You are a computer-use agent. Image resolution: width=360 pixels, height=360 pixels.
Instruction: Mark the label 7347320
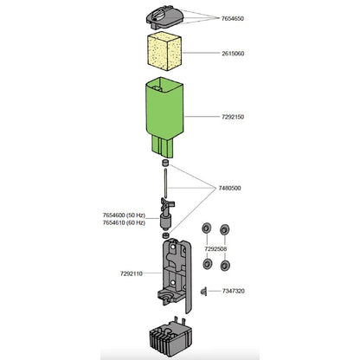[x=232, y=292]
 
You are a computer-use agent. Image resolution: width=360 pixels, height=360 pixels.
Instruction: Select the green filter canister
[x=164, y=112]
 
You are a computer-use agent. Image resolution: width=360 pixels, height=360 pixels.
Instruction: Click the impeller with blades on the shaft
[x=164, y=215]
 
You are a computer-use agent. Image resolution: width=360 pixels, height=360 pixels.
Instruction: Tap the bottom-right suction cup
[x=225, y=264]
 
